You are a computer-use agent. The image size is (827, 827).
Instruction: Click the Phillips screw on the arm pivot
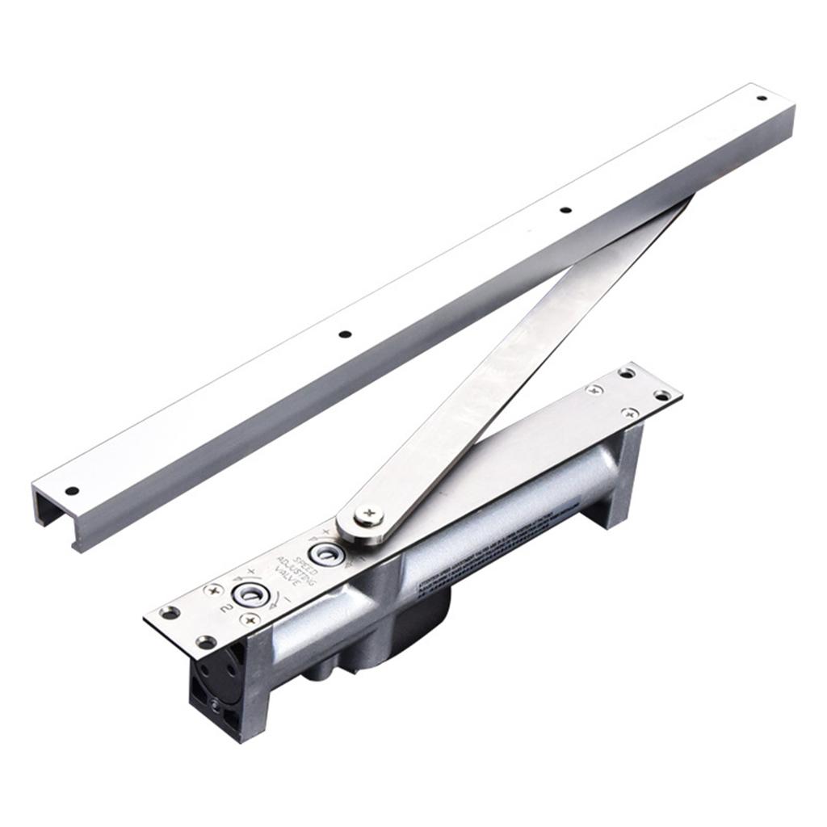click(x=369, y=514)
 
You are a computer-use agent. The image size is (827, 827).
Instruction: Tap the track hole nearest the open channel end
click(x=72, y=490)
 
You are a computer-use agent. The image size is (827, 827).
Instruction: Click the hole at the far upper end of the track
click(x=761, y=98)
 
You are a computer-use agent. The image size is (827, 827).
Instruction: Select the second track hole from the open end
click(x=345, y=334)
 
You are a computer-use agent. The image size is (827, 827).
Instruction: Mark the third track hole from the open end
click(x=565, y=210)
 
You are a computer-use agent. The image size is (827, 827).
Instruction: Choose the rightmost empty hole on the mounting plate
click(x=662, y=395)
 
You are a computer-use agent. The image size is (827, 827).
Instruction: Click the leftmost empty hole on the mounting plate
click(x=170, y=612)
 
